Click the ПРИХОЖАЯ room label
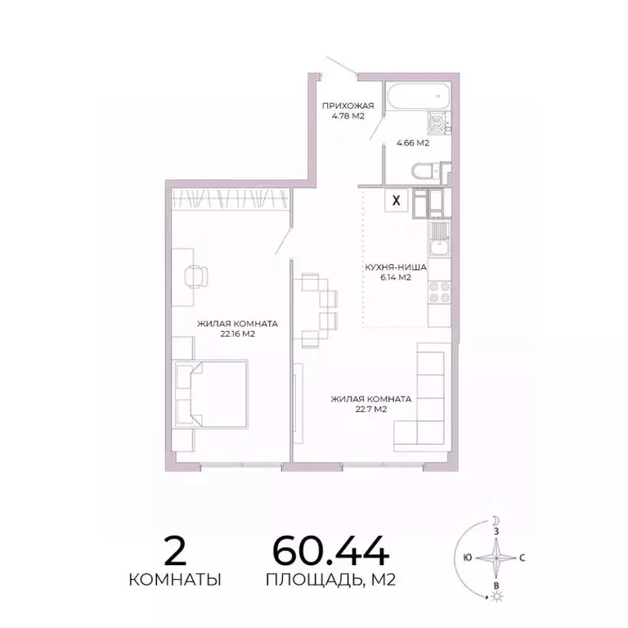pyautogui.click(x=348, y=105)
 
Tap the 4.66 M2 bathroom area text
pyautogui.click(x=413, y=143)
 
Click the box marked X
pyautogui.click(x=397, y=200)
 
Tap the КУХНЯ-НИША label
pyautogui.click(x=396, y=267)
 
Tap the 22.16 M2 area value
pyautogui.click(x=231, y=334)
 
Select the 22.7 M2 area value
pyautogui.click(x=370, y=410)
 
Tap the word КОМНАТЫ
pyautogui.click(x=175, y=580)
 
